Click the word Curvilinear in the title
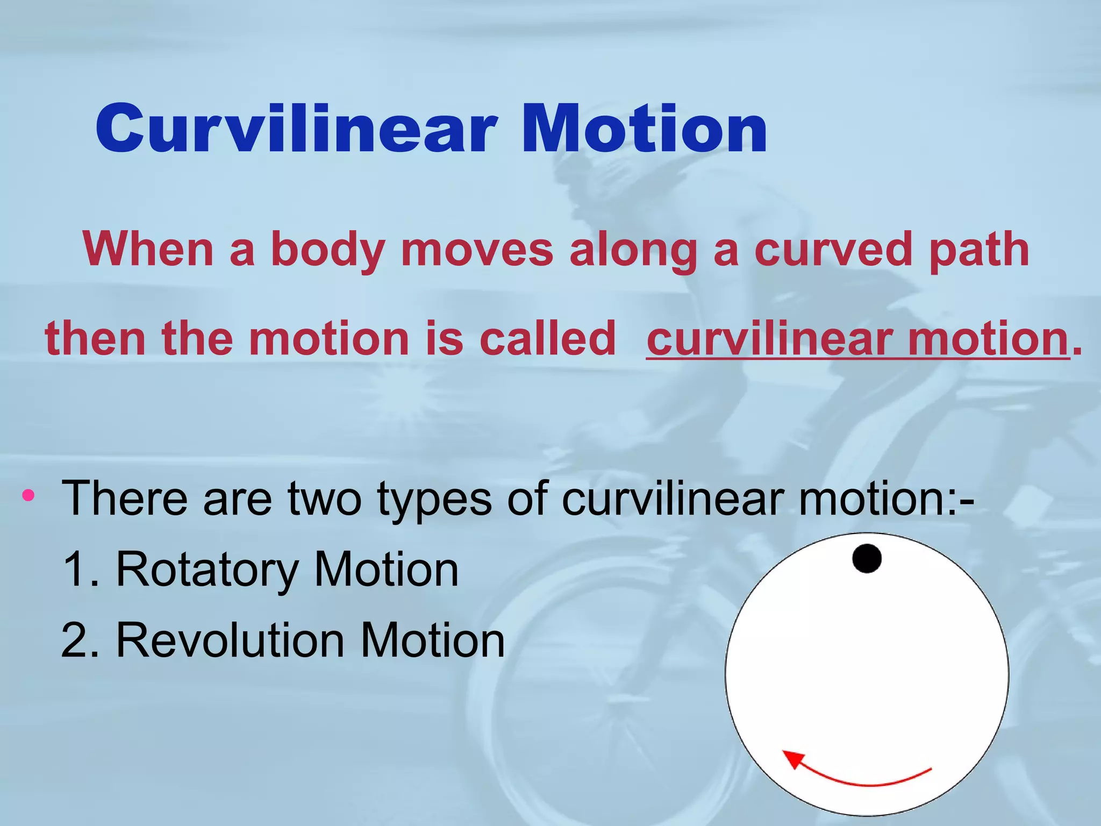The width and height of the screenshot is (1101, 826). (296, 129)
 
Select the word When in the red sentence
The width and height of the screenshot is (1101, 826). (148, 249)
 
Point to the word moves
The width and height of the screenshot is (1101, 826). (477, 249)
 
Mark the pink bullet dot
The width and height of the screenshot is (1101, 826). (28, 495)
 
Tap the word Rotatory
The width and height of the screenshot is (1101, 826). (207, 570)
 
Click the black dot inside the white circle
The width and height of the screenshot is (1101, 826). (867, 558)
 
